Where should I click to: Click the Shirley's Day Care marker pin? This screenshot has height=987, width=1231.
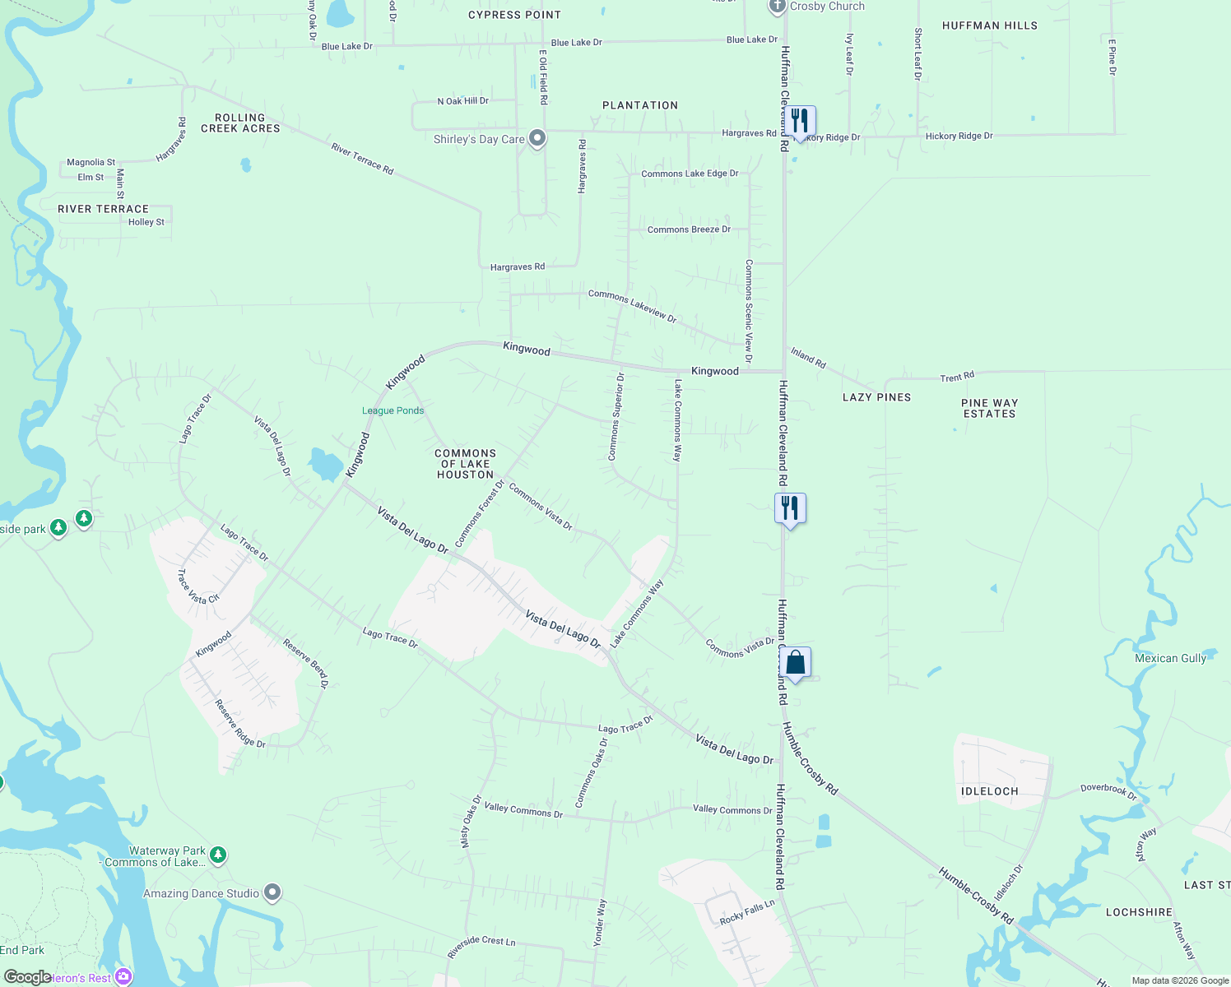tap(537, 138)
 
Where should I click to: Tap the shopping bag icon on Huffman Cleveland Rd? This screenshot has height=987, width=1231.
tap(795, 663)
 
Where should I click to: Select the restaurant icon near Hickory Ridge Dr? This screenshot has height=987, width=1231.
tap(799, 121)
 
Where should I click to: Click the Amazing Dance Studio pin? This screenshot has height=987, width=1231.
tap(273, 892)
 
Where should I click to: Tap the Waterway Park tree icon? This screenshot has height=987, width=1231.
tap(218, 855)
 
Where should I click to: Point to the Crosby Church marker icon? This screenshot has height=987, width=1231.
tap(778, 7)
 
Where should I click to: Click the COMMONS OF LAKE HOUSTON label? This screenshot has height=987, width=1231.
tap(466, 464)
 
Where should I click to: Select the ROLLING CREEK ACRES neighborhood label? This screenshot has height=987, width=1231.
tap(240, 123)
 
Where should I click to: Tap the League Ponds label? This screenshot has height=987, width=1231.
tap(393, 410)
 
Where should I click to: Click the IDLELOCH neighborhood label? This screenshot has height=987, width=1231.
tap(990, 791)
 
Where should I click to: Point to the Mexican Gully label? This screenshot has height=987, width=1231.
tap(1170, 658)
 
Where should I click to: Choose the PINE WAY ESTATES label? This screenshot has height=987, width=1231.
tap(990, 409)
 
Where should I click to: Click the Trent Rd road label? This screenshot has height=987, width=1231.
tap(957, 378)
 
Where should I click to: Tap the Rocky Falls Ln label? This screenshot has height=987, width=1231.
tap(747, 912)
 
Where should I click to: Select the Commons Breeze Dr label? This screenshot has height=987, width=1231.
tap(689, 229)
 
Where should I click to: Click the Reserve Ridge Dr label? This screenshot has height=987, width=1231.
tap(240, 724)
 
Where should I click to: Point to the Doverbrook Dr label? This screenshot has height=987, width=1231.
tap(1108, 791)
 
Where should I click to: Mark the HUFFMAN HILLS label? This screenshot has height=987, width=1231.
tap(990, 25)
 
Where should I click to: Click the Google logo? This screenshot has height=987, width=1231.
tap(28, 977)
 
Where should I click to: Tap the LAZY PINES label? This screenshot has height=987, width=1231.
tap(877, 397)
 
